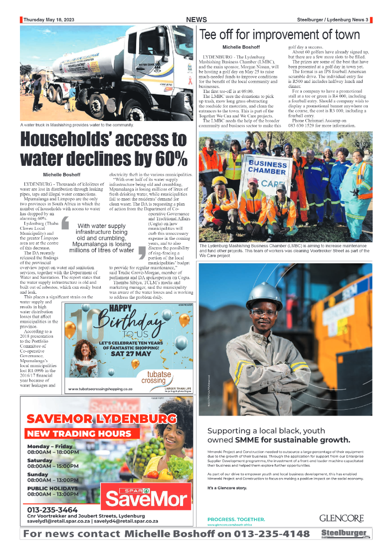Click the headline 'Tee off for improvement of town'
point(279,34)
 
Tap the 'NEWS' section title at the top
point(196,19)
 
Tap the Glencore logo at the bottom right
point(341,519)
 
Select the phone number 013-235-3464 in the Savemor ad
point(52,510)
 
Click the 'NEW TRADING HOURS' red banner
point(79,434)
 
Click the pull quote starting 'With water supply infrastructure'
point(102,238)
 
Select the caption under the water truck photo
point(77,125)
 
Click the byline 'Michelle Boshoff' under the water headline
point(61,174)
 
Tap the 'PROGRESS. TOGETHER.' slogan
point(236,520)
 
